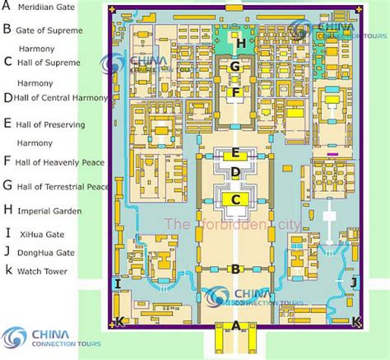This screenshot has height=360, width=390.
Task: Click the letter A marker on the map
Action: click(x=236, y=325)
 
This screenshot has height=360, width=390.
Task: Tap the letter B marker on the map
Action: click(x=236, y=268)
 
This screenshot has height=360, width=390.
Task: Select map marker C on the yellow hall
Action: click(x=235, y=199)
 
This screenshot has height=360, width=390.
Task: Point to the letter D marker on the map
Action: click(x=235, y=173)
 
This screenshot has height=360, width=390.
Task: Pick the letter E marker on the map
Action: click(x=235, y=152)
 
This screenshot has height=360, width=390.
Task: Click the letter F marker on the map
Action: click(x=235, y=93)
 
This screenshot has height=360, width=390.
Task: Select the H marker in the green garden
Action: click(x=241, y=42)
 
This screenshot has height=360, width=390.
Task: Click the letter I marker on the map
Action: click(x=118, y=284)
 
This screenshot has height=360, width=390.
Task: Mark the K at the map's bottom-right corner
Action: click(x=355, y=321)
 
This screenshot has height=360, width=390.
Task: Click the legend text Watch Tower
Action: click(x=44, y=270)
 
